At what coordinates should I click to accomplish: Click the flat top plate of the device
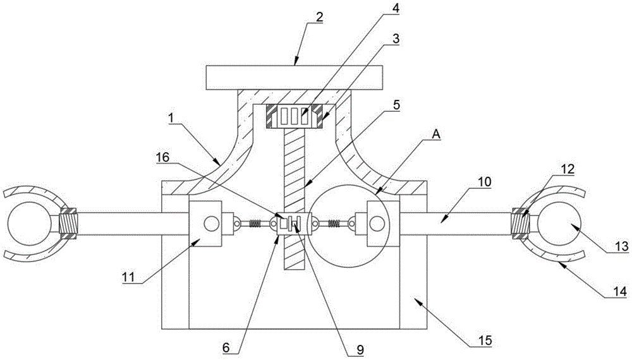[294, 77]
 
